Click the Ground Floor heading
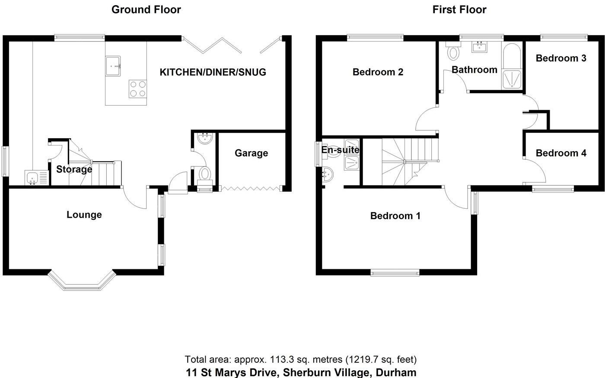coord(146,10)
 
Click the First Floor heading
coord(459,10)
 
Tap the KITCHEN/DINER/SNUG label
coord(213,72)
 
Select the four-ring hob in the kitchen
coord(137,89)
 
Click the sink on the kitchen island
coord(113,66)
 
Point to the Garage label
coord(251,153)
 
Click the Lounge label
coord(84,215)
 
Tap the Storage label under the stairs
coord(74,169)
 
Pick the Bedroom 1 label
coord(395,216)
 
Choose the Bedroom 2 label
coord(378,72)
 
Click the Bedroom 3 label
coord(561,58)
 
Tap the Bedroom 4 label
coord(561,153)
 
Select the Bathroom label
coord(474,70)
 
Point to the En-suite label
coord(340,150)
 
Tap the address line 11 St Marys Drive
coord(301,372)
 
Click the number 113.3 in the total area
coord(282,359)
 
